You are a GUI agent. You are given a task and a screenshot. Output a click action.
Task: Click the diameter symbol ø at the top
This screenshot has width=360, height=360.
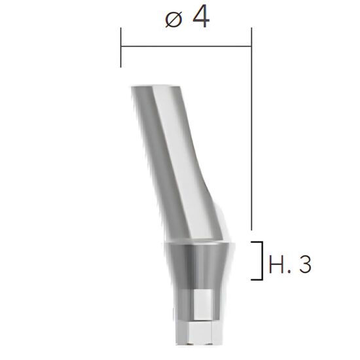tap(173, 20)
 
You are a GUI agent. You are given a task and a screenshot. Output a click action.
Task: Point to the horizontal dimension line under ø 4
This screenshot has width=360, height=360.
tap(186, 46)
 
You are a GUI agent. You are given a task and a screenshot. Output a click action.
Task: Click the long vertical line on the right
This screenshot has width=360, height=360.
tap(251, 131)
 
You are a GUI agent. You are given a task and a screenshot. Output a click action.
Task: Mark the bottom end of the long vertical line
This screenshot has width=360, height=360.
tap(251, 230)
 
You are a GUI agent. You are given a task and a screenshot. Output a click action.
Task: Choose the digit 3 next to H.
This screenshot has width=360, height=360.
tap(302, 264)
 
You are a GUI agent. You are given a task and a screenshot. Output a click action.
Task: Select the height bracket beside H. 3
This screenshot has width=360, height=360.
tap(261, 261)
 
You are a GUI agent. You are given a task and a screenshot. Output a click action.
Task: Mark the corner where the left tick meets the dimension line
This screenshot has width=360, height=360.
tap(121, 46)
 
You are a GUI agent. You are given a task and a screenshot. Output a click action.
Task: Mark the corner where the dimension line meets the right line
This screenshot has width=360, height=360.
tap(251, 46)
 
